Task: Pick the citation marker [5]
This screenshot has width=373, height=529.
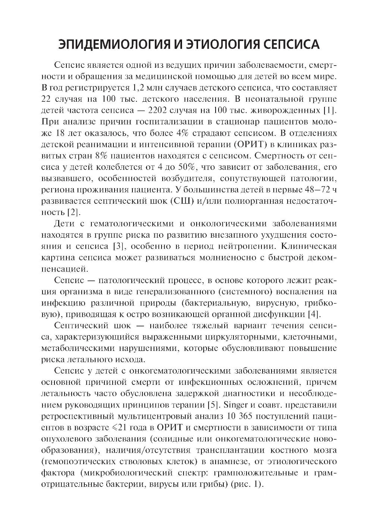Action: tap(213, 405)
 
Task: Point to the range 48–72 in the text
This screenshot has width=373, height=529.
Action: tap(314, 190)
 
